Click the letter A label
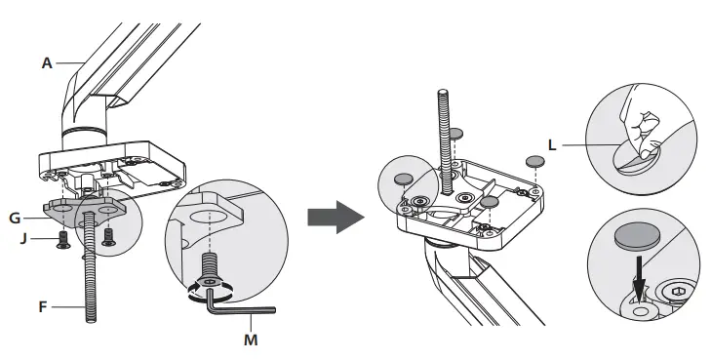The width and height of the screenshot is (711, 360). [x=46, y=62]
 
